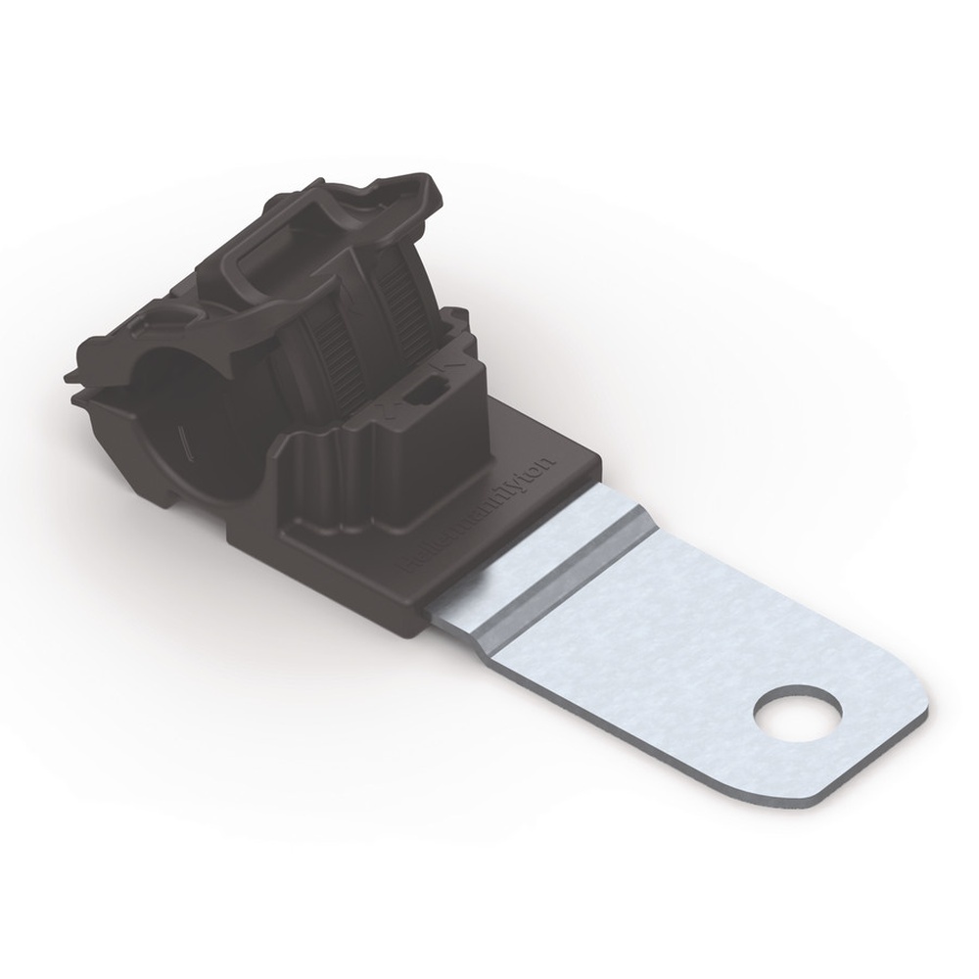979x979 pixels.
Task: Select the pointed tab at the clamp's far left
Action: click(70, 376)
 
